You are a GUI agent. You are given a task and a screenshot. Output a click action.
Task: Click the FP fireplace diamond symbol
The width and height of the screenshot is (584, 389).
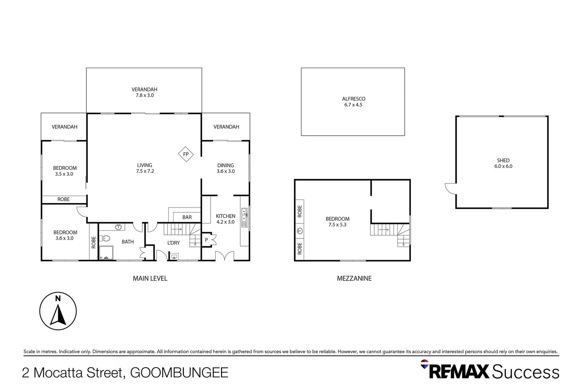click(x=186, y=154)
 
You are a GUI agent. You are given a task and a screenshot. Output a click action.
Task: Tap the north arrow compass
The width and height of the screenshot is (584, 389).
click(x=58, y=311)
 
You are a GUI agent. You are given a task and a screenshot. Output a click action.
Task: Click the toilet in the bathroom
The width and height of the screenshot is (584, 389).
click(x=105, y=238)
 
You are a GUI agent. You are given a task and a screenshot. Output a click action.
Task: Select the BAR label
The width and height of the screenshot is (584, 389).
click(x=187, y=217)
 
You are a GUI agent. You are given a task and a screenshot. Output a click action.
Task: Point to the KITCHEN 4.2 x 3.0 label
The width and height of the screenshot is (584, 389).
click(x=226, y=219)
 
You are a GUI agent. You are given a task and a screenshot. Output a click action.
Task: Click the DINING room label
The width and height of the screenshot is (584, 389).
click(x=226, y=168)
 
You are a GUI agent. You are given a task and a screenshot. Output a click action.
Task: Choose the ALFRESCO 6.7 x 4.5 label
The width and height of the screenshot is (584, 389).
click(x=353, y=102)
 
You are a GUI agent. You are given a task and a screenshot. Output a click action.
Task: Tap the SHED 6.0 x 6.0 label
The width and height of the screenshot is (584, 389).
click(x=503, y=163)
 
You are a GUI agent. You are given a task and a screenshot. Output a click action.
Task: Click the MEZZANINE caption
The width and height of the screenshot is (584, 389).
click(x=354, y=278)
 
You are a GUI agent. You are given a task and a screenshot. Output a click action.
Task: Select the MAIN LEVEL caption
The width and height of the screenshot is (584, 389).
click(x=150, y=278)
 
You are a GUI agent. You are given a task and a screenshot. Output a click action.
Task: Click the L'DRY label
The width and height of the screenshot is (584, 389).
click(x=173, y=243)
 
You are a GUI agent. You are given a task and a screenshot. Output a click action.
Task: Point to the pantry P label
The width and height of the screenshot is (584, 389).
click(x=206, y=240)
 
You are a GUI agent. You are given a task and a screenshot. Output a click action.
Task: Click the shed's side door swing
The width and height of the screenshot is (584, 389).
click(x=450, y=188)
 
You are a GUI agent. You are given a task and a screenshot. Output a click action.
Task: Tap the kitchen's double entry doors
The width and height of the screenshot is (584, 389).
click(x=224, y=256)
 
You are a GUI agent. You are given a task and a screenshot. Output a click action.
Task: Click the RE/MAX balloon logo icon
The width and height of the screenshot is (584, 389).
click(x=425, y=364)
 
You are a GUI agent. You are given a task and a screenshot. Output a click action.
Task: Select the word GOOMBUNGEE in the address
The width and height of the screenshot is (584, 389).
click(x=179, y=372)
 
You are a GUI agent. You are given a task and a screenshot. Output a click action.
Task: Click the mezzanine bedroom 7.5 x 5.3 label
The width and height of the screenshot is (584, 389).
click(x=338, y=222)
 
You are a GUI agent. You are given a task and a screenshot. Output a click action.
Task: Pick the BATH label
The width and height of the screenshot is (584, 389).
click(x=128, y=242)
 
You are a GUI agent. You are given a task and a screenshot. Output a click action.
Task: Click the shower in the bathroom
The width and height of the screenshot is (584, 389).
click(x=106, y=252)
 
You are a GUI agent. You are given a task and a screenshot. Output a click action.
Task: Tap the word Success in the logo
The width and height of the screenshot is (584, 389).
click(x=526, y=372)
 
